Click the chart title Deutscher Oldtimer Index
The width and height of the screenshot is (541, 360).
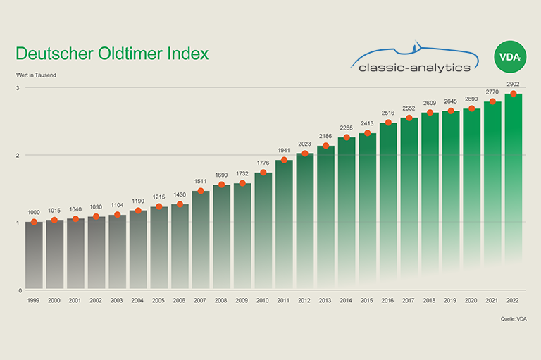click(x=112, y=54)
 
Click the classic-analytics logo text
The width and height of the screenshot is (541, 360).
click(x=414, y=68)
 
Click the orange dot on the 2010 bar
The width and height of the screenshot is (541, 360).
click(x=263, y=173)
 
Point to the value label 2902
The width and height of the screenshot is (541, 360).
click(x=514, y=84)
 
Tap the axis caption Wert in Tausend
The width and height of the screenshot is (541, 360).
click(x=36, y=75)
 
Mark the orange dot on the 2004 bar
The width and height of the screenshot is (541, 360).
click(x=138, y=211)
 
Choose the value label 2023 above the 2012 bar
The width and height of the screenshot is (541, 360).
click(x=305, y=144)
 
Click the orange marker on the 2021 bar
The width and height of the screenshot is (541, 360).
click(x=493, y=102)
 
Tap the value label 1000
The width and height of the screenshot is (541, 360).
click(x=34, y=212)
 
